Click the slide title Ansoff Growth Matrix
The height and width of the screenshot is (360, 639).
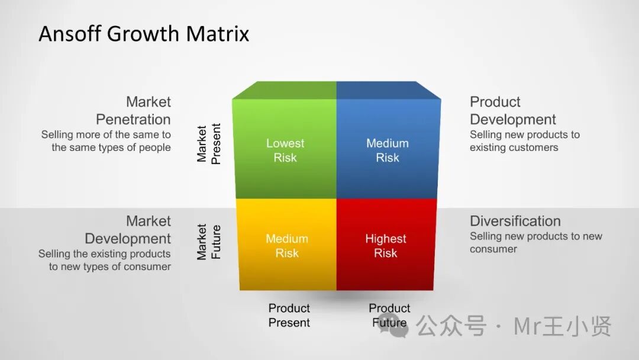(x=144, y=33)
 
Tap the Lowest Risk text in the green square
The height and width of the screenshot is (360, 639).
(x=285, y=150)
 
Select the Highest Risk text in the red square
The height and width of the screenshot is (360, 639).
(x=386, y=246)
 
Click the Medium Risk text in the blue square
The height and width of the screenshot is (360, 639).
(x=388, y=150)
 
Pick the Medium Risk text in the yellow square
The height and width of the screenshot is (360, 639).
(x=287, y=246)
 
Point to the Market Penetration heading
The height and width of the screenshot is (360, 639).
(x=134, y=110)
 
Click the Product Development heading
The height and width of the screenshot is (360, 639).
(x=512, y=110)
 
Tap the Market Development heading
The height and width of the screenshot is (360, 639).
(x=128, y=230)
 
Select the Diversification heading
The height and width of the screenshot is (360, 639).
(x=515, y=221)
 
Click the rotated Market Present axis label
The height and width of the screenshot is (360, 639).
(x=208, y=144)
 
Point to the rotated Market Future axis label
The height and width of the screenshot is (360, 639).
(x=208, y=242)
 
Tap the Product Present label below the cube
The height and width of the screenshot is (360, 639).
(x=289, y=315)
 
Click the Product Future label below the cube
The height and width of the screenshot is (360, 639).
(x=389, y=315)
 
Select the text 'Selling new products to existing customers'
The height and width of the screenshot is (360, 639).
(x=524, y=141)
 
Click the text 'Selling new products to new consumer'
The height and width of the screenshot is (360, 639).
(x=535, y=242)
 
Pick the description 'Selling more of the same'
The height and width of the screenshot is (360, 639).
(x=106, y=141)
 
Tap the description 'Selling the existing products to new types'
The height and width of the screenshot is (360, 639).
(x=105, y=260)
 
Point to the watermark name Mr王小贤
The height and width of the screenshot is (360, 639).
(x=562, y=326)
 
